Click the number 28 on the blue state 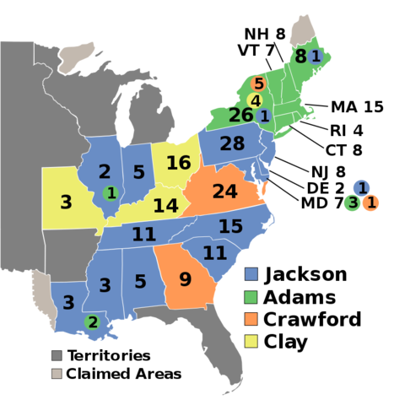(232, 144)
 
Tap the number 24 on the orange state (224, 192)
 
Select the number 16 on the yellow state (178, 163)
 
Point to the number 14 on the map (165, 206)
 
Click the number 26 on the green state (240, 115)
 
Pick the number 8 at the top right (300, 57)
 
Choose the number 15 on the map (230, 227)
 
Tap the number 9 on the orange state (185, 279)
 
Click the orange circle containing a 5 (259, 84)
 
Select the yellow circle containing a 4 (255, 100)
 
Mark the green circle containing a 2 (93, 321)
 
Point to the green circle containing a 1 (111, 193)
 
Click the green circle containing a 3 (352, 202)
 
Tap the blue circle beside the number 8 (316, 57)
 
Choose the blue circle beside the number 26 (264, 116)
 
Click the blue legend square (251, 273)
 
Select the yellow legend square (251, 341)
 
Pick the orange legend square (251, 319)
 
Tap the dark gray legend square (57, 356)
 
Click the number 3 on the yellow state (66, 202)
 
